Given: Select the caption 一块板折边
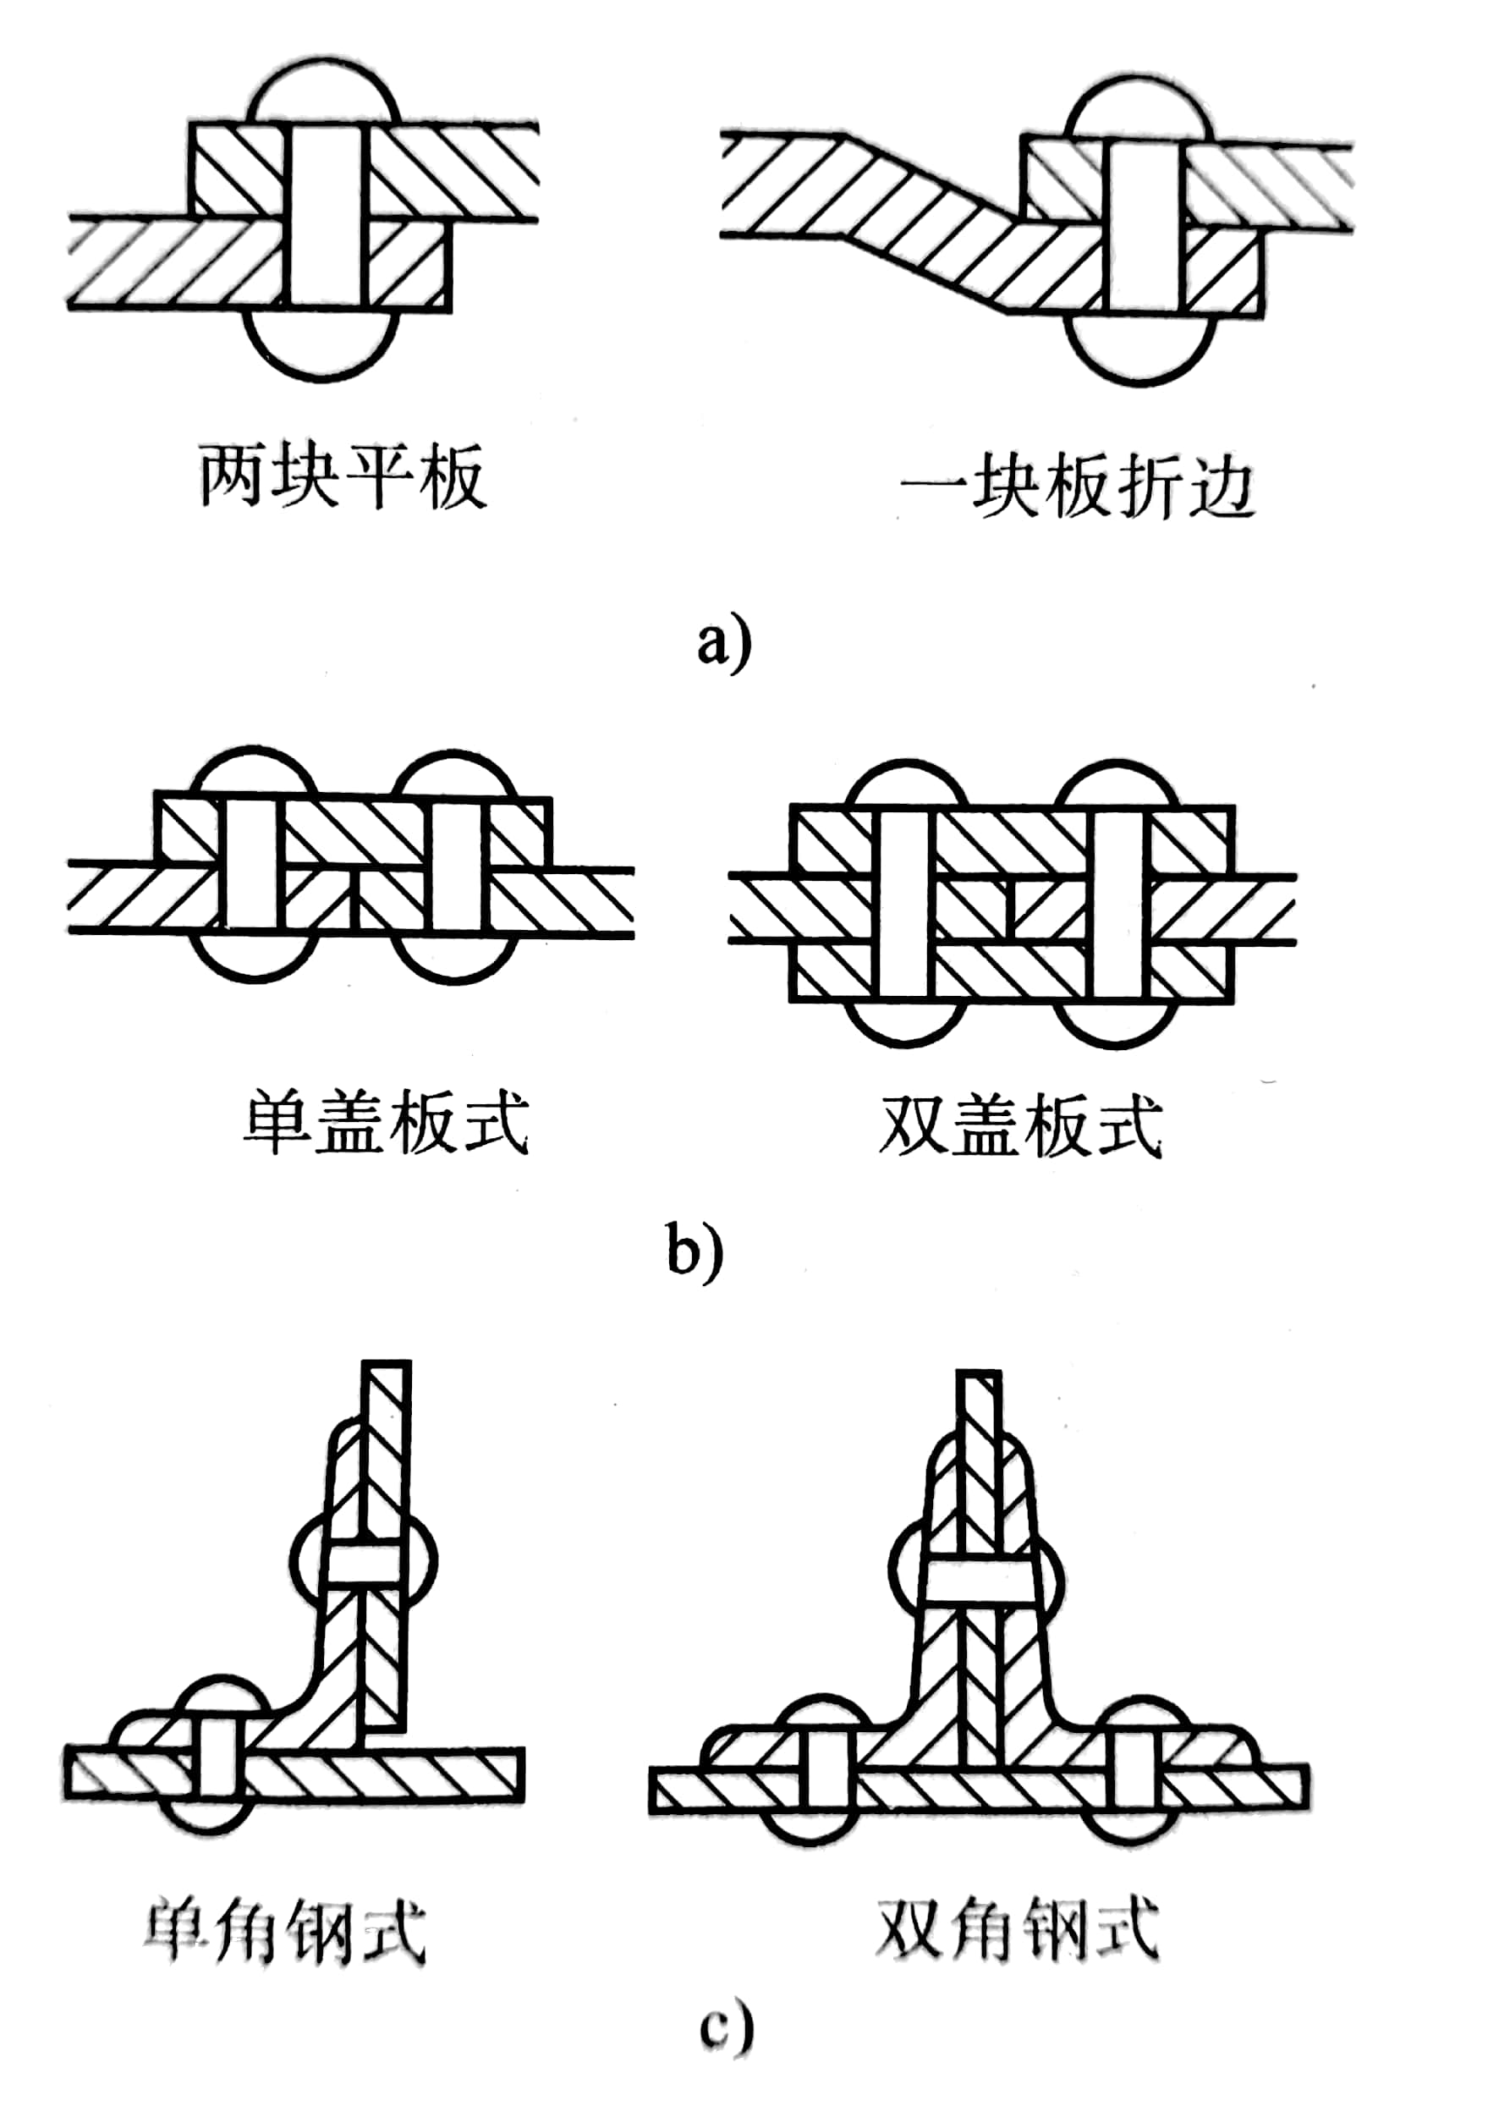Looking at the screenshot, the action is point(1077,487).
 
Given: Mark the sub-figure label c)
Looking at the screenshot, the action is point(727,2054).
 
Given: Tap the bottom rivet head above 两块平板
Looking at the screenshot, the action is point(321,344).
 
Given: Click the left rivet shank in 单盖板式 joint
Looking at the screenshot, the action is point(251,864).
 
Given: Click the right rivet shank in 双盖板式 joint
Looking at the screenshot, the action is point(1117,904).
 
